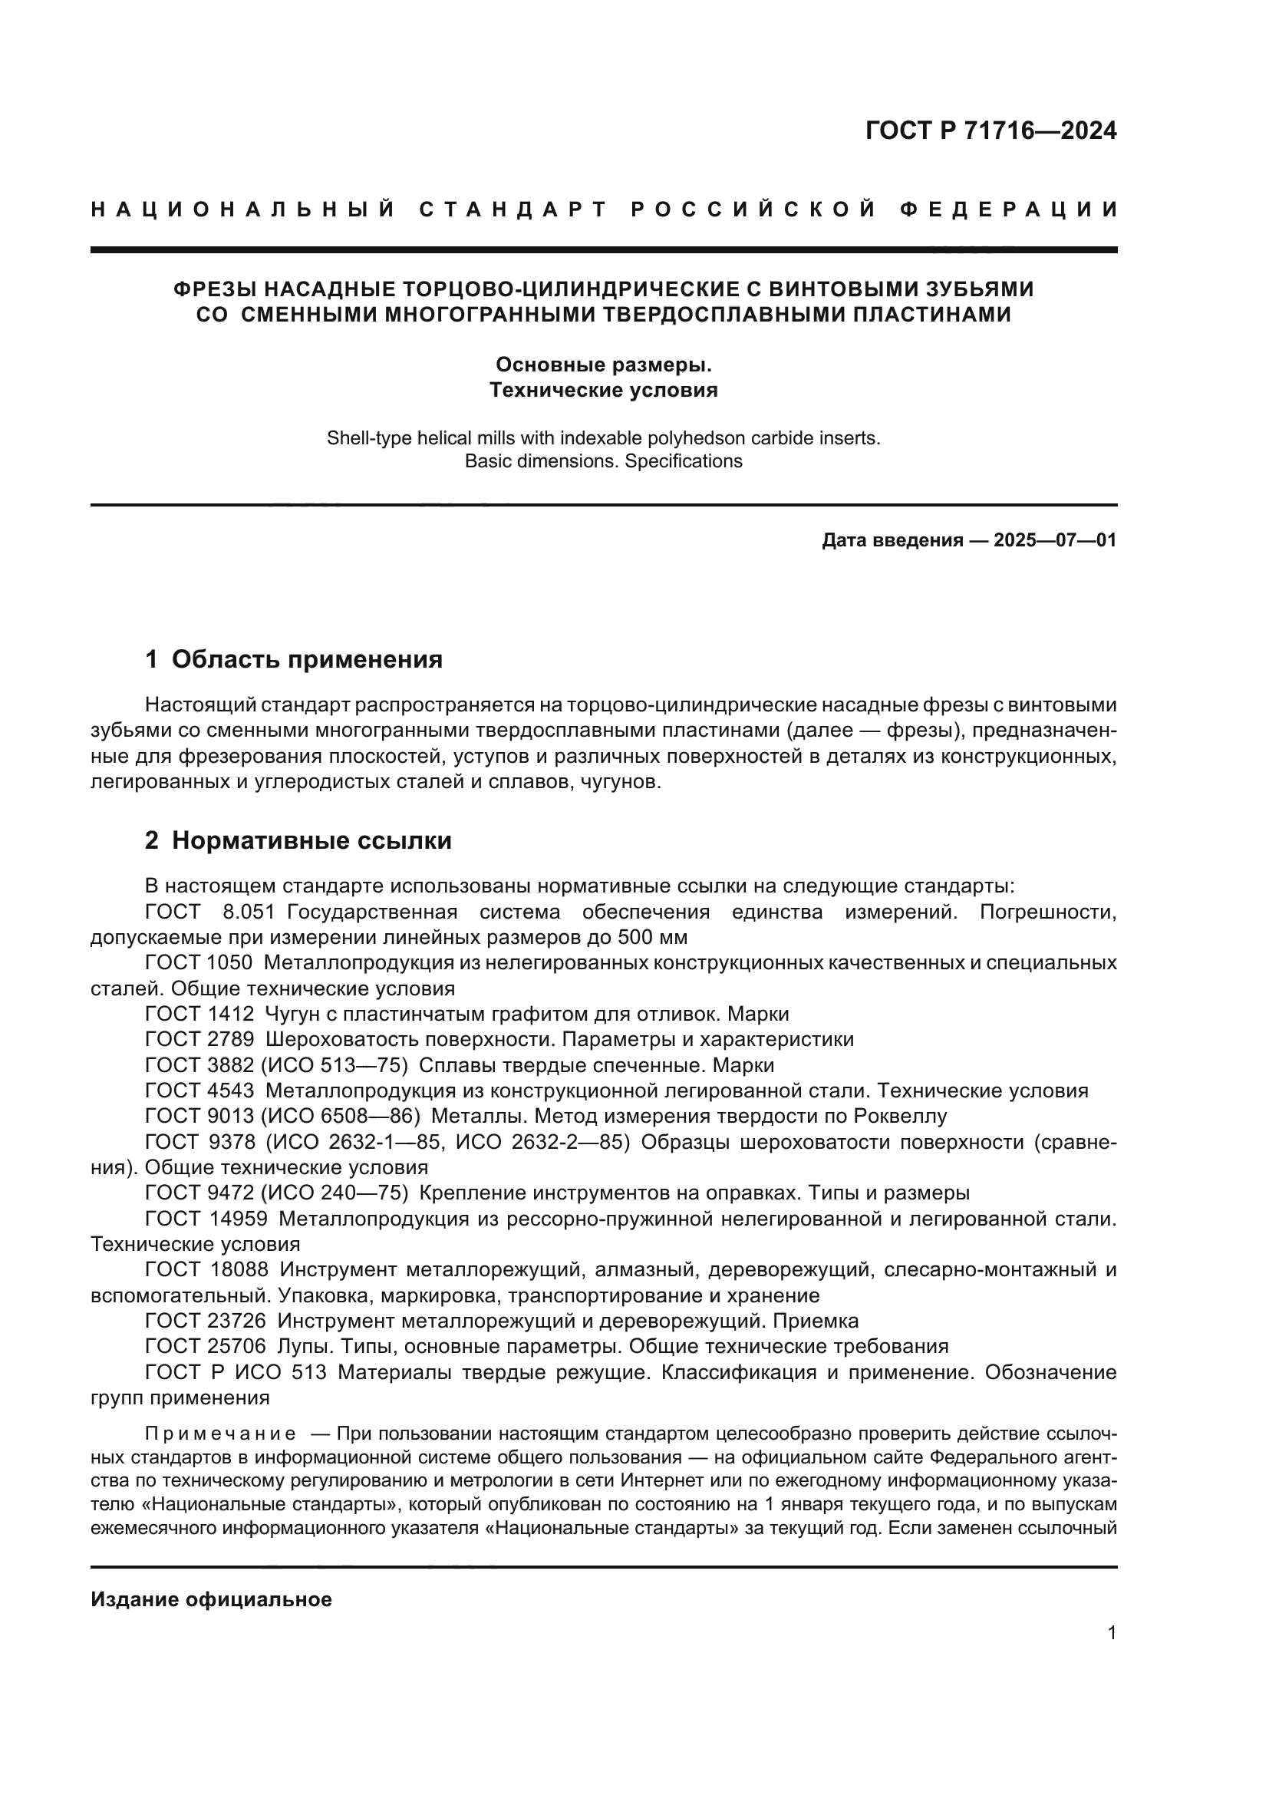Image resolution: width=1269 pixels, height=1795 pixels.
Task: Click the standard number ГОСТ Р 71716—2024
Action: coord(990,130)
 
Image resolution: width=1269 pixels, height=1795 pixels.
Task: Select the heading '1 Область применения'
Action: coord(294,660)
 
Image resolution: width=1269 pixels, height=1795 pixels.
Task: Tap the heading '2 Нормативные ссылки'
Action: coord(298,841)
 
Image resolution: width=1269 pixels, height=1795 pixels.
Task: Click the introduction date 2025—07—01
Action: coord(1055,540)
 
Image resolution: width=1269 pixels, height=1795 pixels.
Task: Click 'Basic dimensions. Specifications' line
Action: coord(603,461)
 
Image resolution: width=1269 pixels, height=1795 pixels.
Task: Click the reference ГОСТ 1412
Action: coord(199,1015)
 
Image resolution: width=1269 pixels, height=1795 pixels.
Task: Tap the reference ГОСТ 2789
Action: coord(199,1040)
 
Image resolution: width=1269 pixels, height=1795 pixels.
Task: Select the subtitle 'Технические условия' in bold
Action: coord(603,390)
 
